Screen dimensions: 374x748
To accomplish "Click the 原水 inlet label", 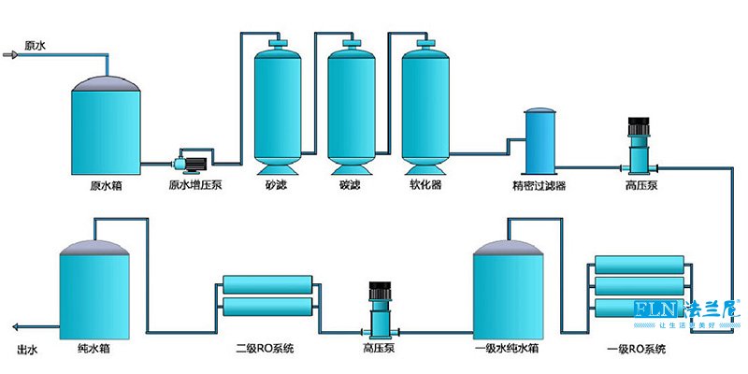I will pos(35,45).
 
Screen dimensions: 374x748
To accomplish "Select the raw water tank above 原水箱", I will pos(107,125).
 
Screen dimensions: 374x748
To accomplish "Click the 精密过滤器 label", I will pos(539,185).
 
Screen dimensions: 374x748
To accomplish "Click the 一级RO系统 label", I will pos(638,350).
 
